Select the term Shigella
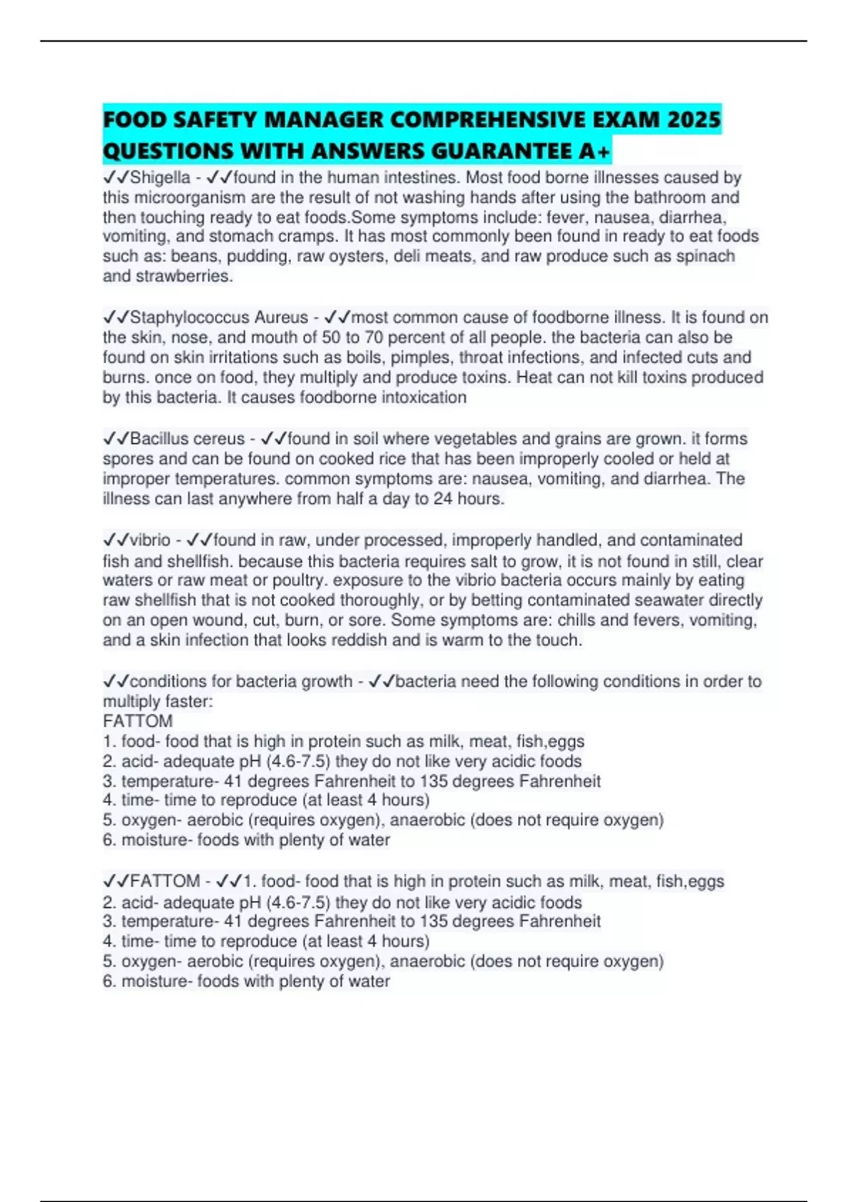[160, 177]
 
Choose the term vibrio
[150, 540]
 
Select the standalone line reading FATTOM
[138, 721]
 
